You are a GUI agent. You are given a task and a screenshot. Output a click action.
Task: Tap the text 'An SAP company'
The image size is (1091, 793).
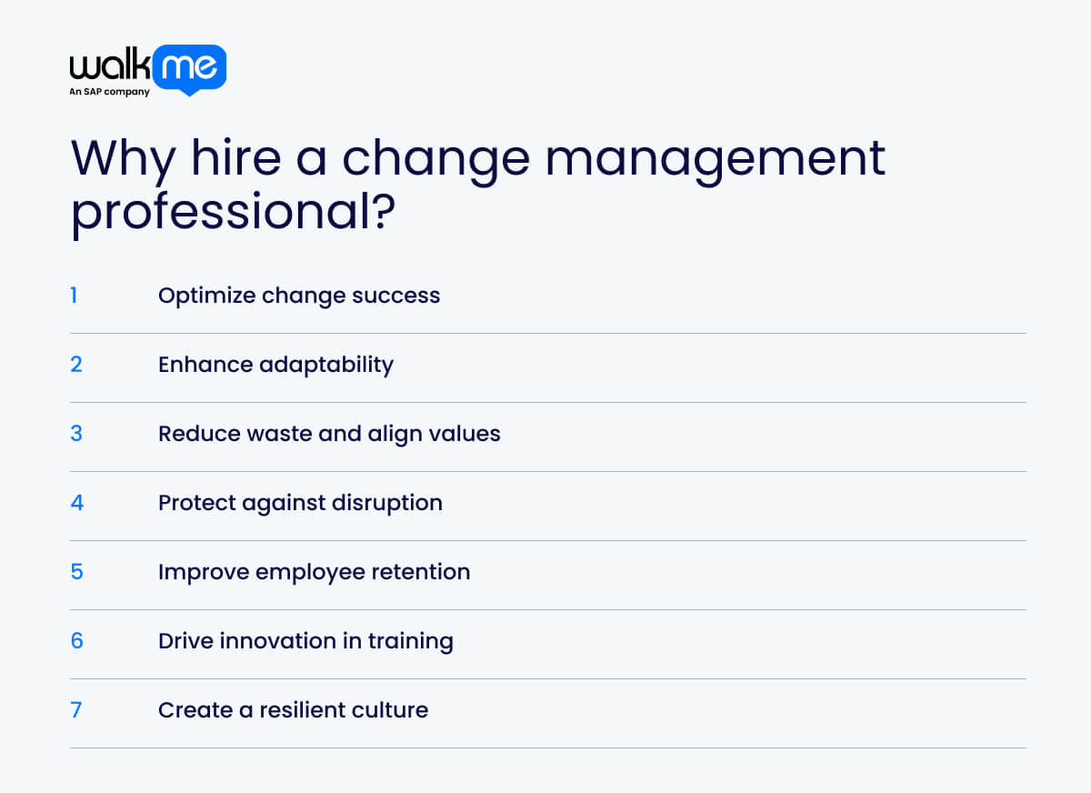(x=109, y=92)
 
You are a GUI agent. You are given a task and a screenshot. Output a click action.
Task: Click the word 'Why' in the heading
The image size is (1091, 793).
(x=122, y=158)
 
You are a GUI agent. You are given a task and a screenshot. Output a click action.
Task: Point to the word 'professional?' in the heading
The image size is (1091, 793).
(x=233, y=211)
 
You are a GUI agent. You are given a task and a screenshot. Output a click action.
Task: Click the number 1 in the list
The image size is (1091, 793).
(x=75, y=296)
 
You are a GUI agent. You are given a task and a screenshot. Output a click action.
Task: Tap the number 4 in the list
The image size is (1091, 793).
(x=76, y=503)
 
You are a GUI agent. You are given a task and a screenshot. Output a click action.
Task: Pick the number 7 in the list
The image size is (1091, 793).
(x=76, y=710)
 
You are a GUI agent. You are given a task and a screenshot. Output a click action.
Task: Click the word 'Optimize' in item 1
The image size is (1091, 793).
(x=206, y=296)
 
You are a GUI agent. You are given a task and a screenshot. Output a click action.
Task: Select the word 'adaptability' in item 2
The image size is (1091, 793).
(x=326, y=366)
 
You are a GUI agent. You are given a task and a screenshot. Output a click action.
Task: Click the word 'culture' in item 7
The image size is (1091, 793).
(x=393, y=710)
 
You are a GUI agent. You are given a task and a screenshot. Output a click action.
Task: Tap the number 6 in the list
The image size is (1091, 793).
(x=76, y=641)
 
